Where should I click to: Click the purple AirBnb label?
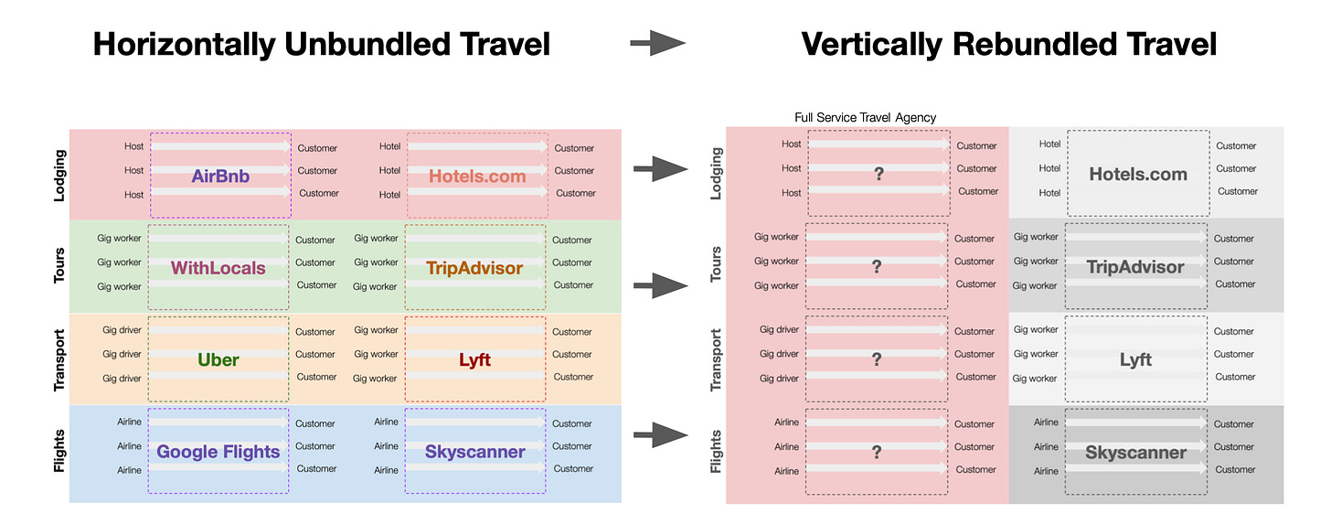(220, 176)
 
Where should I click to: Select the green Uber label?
(218, 359)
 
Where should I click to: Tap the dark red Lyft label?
(474, 359)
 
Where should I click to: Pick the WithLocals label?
(218, 268)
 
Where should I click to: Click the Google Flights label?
(218, 452)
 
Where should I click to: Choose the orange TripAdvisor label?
(474, 268)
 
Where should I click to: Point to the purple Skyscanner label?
(474, 452)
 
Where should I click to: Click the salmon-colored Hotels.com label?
(477, 176)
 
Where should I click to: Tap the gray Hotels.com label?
(1138, 174)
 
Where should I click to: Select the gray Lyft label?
(1135, 359)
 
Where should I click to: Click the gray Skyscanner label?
(1135, 452)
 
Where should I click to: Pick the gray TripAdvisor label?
(1135, 267)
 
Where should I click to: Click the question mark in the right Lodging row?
(878, 174)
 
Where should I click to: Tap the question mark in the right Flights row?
(877, 452)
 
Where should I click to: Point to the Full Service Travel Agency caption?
(866, 117)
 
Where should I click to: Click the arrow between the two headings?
(658, 43)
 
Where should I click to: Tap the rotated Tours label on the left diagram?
(59, 264)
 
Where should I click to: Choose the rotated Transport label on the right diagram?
(717, 360)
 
